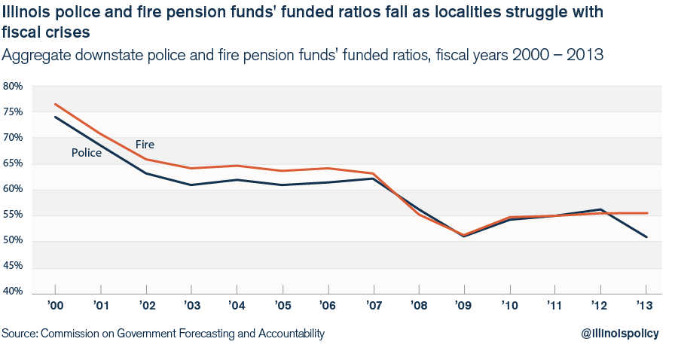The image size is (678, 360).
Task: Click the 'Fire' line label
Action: [145, 145]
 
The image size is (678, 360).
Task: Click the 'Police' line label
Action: [87, 153]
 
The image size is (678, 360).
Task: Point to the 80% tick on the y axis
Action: [14, 86]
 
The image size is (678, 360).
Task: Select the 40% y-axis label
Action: [14, 292]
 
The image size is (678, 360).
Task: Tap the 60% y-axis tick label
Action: [14, 189]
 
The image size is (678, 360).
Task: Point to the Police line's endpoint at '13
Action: [646, 237]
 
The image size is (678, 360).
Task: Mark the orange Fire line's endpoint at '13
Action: [646, 213]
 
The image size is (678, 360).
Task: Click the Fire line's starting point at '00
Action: [55, 104]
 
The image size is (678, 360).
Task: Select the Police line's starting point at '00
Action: [55, 117]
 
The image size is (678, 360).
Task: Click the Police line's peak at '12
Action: [600, 209]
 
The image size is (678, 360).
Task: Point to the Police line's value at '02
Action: [146, 173]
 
